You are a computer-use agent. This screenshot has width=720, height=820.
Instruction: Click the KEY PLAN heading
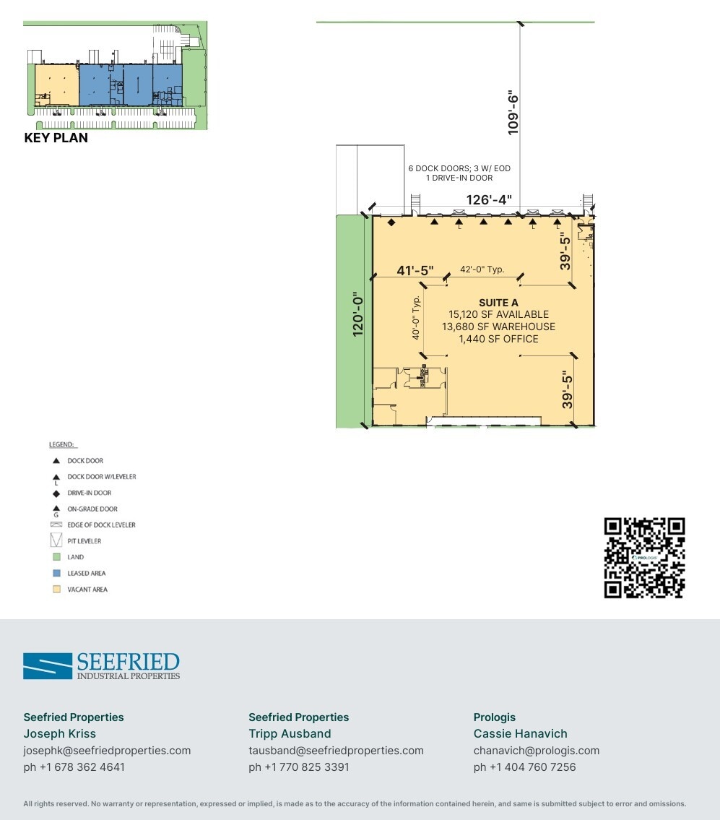click(56, 138)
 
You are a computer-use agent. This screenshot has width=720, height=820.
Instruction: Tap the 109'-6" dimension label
click(513, 113)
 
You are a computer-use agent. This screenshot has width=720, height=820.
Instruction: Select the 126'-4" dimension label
click(489, 199)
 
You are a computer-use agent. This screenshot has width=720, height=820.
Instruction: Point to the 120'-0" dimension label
click(357, 314)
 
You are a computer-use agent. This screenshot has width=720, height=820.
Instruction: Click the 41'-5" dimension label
click(415, 270)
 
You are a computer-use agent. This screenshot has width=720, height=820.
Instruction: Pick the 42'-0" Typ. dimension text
click(482, 269)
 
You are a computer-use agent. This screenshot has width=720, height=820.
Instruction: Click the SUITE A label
click(498, 303)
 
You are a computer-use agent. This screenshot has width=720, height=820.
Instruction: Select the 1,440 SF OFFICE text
click(498, 339)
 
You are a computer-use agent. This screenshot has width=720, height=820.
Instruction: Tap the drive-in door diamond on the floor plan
click(391, 223)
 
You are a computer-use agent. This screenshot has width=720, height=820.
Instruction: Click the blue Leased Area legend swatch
click(56, 573)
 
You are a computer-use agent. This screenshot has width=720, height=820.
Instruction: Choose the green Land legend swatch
click(56, 557)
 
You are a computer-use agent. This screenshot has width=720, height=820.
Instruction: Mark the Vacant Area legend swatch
click(56, 590)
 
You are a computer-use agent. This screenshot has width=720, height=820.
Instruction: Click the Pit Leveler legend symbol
click(56, 541)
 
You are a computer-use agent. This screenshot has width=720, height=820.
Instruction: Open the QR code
click(644, 558)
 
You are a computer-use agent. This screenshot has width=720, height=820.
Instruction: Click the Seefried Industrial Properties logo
click(101, 665)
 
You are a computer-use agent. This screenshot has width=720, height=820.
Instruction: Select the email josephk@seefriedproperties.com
click(107, 751)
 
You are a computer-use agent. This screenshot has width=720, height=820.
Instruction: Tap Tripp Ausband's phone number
click(298, 767)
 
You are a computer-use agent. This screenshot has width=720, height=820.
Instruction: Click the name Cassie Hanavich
click(520, 734)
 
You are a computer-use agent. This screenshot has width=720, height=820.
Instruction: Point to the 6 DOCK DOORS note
click(459, 168)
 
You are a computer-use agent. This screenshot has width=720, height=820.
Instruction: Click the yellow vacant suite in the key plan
click(57, 85)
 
